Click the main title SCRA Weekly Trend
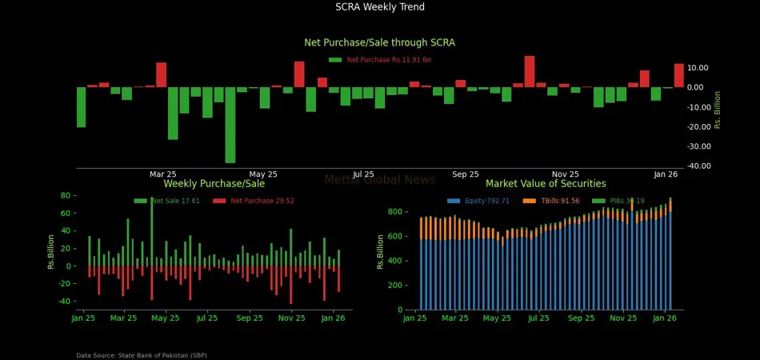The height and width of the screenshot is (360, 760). pyautogui.click(x=380, y=7)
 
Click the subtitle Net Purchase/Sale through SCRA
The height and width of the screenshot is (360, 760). pyautogui.click(x=380, y=42)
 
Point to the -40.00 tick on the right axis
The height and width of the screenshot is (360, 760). pyautogui.click(x=699, y=166)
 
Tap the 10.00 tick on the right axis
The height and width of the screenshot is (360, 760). pyautogui.click(x=698, y=68)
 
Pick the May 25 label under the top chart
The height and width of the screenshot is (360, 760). pyautogui.click(x=263, y=174)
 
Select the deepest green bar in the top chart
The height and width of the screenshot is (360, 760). pyautogui.click(x=230, y=125)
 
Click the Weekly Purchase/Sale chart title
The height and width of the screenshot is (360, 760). pyautogui.click(x=214, y=184)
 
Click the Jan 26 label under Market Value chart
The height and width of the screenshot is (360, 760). pyautogui.click(x=665, y=318)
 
